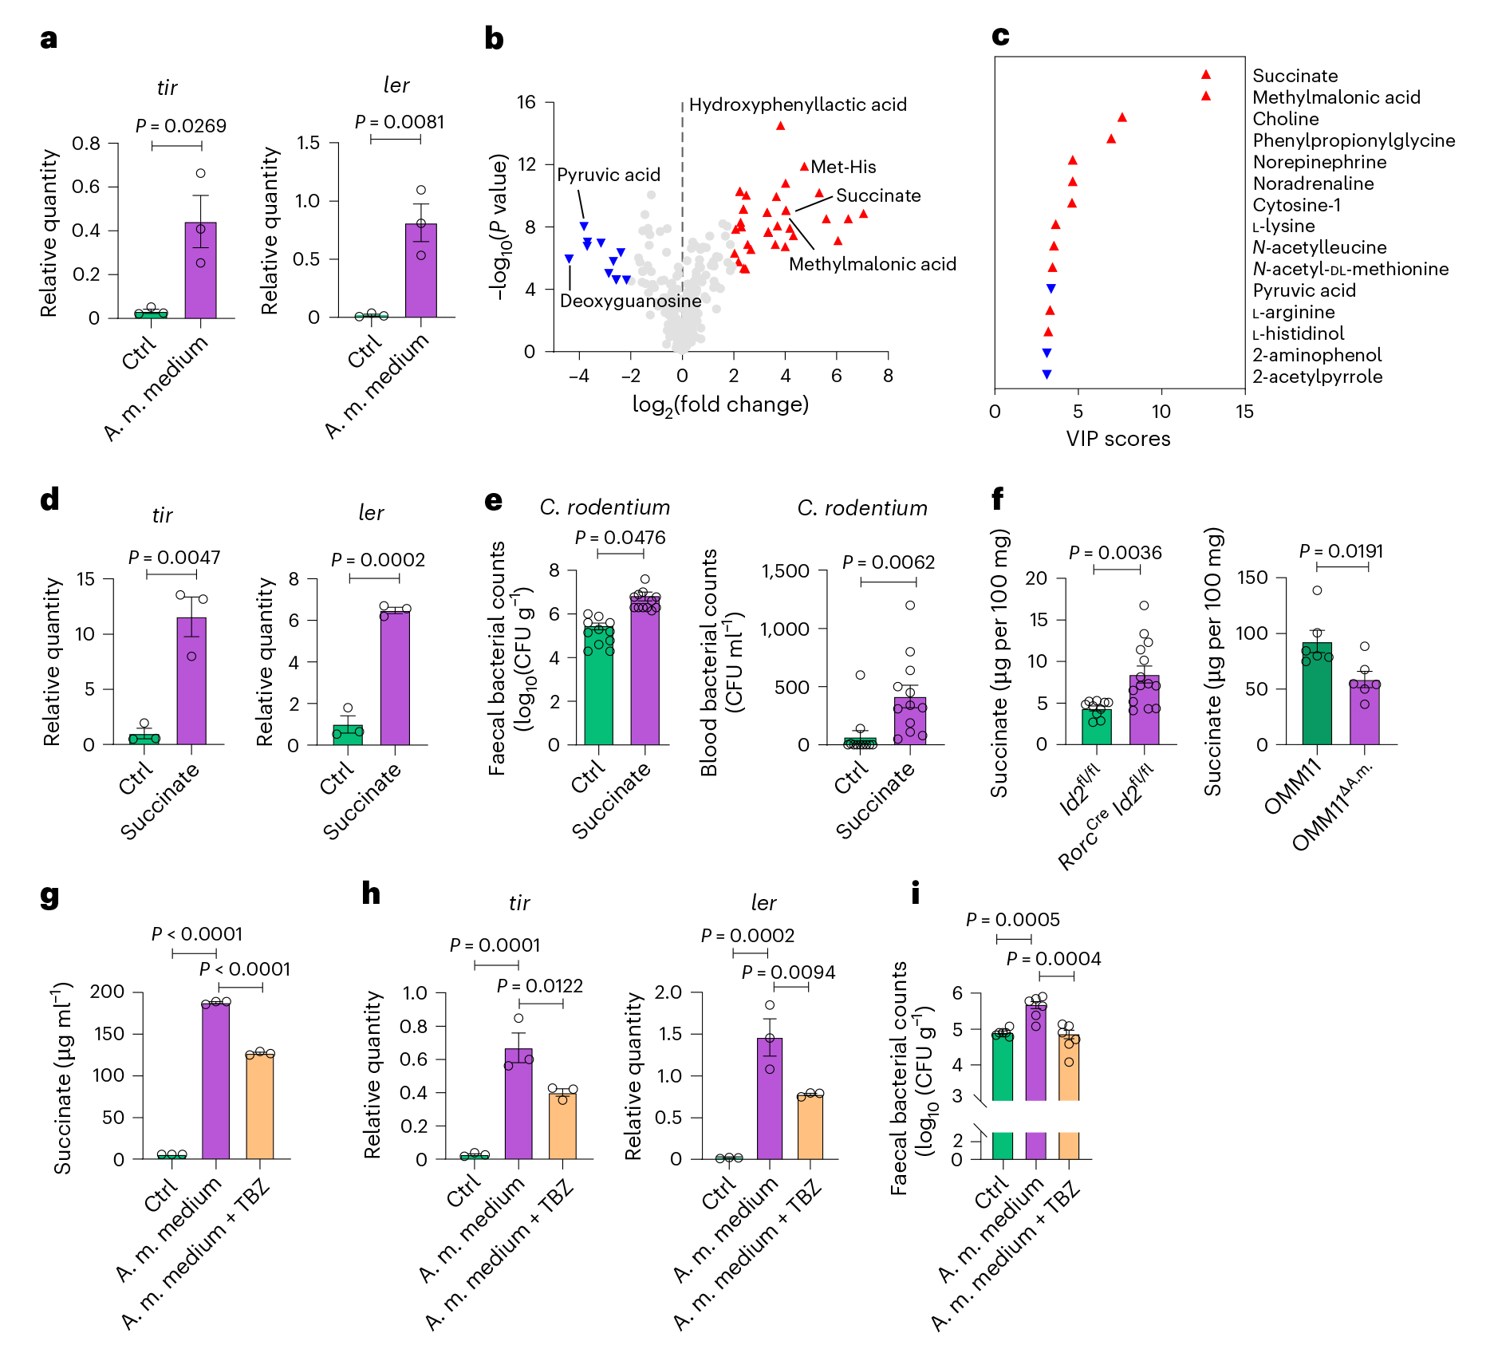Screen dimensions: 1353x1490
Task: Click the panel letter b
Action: (494, 38)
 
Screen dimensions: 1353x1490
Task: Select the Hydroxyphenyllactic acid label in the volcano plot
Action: (798, 105)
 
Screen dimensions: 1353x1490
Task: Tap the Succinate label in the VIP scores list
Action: (1295, 76)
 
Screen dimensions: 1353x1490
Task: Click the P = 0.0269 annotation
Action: (180, 126)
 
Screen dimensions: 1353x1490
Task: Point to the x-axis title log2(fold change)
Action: (720, 404)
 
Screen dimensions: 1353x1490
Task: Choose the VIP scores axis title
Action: (1118, 439)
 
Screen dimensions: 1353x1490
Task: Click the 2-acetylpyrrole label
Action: (1317, 377)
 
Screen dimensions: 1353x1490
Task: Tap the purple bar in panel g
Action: (216, 1080)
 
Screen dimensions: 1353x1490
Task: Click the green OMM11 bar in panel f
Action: (1317, 693)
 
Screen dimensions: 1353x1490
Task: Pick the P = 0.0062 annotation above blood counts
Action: (889, 562)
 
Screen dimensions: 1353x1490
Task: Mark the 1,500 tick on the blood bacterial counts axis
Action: (785, 571)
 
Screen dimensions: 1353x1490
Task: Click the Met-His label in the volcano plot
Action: (843, 167)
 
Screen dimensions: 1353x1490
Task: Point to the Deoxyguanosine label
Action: (630, 301)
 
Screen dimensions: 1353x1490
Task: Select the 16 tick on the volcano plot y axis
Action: (526, 102)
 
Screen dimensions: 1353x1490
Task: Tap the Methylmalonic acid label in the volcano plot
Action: (872, 264)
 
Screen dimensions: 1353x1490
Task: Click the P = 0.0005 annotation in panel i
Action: (1012, 920)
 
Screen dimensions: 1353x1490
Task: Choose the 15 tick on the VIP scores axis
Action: (1244, 412)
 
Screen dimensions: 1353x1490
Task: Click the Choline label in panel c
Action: (1285, 119)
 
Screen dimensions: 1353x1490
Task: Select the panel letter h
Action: (371, 893)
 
